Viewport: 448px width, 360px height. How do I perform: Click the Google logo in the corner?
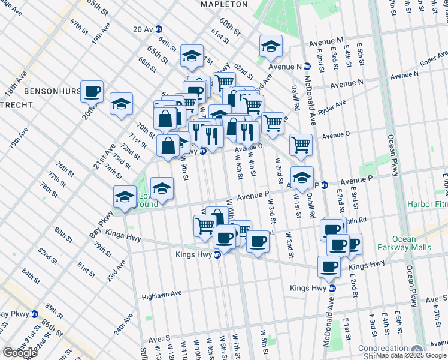[19, 353]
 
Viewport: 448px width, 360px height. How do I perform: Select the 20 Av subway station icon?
[159, 29]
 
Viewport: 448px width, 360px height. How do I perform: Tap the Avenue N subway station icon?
[307, 67]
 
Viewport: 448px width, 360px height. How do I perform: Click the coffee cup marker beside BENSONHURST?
[92, 92]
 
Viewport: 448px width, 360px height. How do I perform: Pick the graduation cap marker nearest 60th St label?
[271, 46]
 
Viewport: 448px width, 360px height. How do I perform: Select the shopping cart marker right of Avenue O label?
[300, 144]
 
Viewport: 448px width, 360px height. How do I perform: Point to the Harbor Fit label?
[427, 205]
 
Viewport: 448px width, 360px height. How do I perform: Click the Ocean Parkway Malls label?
[404, 243]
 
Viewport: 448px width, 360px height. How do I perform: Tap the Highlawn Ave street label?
[162, 295]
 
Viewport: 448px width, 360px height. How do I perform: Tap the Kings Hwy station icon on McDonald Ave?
[332, 289]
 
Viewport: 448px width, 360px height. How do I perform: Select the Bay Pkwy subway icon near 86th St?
[35, 314]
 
